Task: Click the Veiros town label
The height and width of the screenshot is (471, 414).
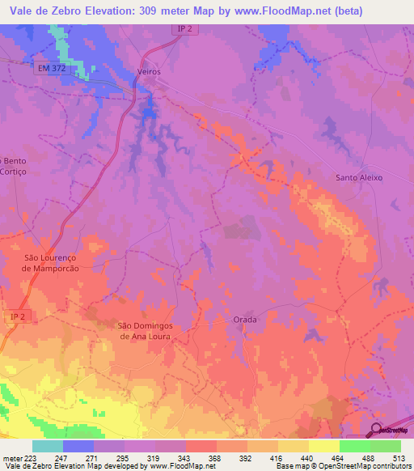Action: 150,72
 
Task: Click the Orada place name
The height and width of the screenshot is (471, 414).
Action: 245,320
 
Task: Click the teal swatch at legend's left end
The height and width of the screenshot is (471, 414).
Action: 47,446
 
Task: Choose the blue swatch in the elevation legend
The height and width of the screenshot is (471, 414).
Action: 78,446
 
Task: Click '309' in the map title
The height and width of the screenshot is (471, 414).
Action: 153,11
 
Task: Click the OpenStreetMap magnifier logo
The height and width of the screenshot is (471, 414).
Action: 377,430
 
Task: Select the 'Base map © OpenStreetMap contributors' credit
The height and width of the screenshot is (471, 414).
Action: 340,466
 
